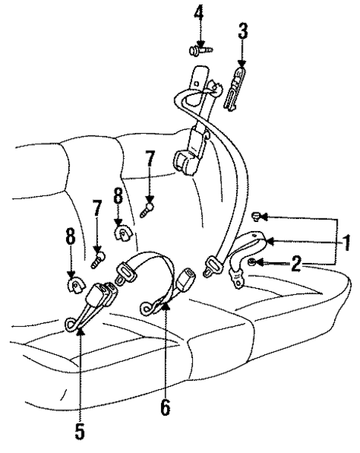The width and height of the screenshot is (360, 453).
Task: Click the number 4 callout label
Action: point(198,14)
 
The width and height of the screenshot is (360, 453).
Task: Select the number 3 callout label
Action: point(243,31)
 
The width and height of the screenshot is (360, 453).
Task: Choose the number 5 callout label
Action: point(80,431)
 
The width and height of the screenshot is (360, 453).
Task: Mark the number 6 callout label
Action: point(165,406)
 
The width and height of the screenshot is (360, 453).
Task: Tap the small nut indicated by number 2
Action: point(255,263)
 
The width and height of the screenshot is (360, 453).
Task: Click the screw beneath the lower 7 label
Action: point(96,260)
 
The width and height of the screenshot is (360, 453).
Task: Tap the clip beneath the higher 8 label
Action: point(120,235)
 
